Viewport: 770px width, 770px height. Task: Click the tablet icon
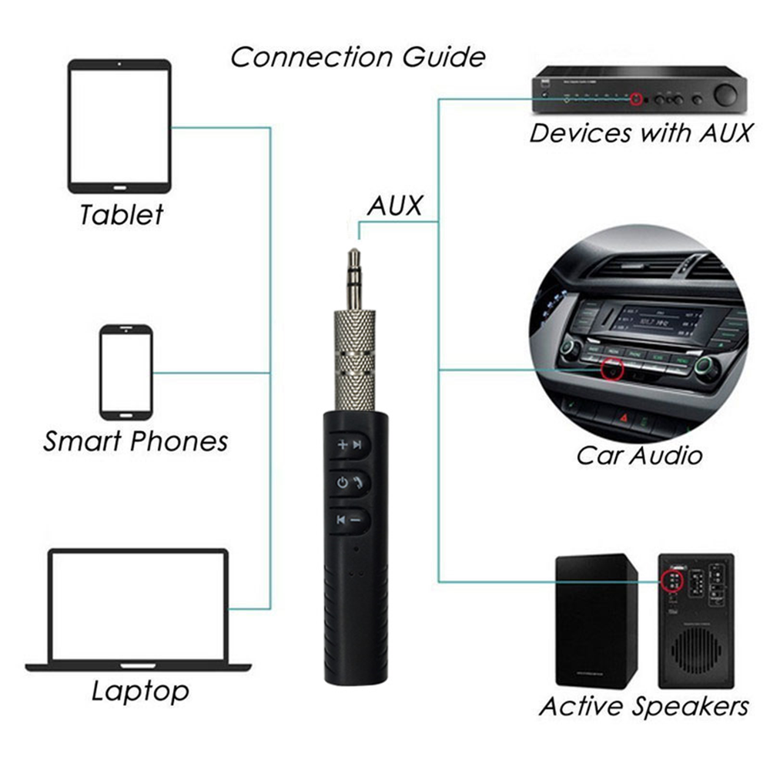point(119,126)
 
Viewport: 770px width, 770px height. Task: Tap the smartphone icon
point(126,372)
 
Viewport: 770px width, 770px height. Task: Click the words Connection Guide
point(358,57)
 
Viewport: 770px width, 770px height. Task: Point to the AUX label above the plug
point(395,206)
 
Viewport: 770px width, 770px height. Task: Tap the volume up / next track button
point(351,444)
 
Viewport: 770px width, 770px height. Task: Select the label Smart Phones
point(136,441)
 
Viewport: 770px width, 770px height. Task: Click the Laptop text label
point(139,690)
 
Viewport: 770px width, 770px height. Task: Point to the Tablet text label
point(122,214)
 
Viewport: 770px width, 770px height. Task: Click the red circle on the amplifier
point(636,99)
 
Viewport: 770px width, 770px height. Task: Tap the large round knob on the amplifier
point(725,95)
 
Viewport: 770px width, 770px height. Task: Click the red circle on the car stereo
point(613,370)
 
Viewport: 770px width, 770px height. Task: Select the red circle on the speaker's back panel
point(671,579)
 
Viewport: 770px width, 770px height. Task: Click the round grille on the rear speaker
point(696,649)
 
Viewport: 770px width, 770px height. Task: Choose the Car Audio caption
point(639,455)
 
